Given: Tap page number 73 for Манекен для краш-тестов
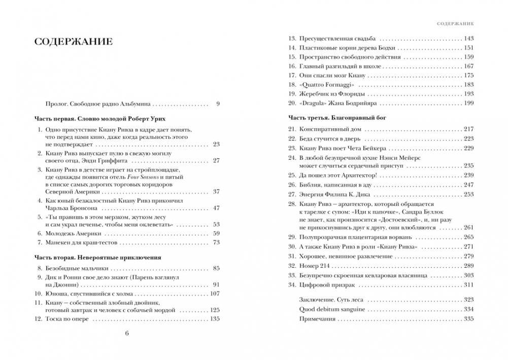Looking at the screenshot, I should point(216,242).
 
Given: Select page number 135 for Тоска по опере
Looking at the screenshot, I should point(214,319).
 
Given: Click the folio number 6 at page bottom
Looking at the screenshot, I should point(127,333).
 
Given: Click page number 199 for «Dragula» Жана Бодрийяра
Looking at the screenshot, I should point(468,103).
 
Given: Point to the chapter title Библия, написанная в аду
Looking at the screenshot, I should point(332,185).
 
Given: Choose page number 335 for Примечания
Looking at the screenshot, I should point(468,319).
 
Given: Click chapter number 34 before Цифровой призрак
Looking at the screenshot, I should point(291,285).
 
